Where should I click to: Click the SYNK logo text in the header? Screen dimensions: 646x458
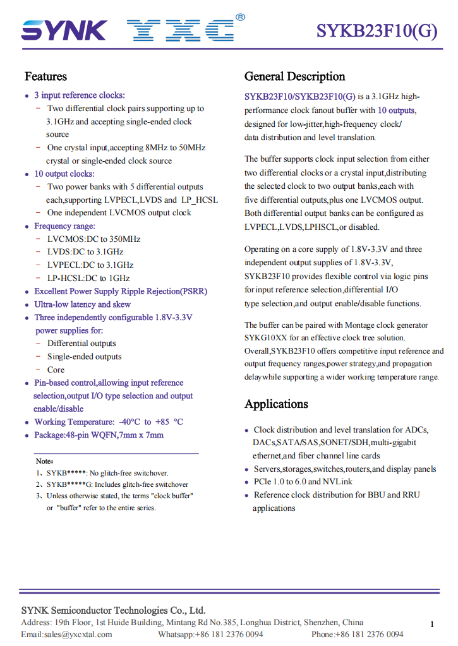coord(64,30)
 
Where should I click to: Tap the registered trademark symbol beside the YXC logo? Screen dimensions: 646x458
coord(240,18)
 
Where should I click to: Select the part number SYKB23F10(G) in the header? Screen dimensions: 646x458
coord(377,31)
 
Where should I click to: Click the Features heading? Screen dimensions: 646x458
coord(45,76)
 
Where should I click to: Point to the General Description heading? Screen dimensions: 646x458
coord(294,76)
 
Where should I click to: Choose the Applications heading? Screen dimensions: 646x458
coord(276,404)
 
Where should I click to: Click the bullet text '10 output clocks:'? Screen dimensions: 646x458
coord(64,174)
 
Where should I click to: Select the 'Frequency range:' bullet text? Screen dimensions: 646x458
coord(65,226)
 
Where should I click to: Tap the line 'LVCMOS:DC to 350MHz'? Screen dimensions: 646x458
coord(93,239)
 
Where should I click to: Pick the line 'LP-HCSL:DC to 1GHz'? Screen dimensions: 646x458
coord(88,278)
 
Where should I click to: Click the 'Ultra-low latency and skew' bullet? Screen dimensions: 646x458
coord(83,304)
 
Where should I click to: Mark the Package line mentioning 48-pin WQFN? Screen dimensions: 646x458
coord(99,435)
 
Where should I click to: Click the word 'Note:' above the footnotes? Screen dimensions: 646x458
coord(44,461)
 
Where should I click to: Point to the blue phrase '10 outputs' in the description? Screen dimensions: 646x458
coord(396,110)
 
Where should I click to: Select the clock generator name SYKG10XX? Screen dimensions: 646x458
coord(265,338)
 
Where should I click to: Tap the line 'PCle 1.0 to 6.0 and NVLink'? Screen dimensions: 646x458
coord(303,482)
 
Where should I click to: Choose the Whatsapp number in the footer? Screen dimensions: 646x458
coord(210,634)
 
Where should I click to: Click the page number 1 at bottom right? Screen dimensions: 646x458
coord(432,625)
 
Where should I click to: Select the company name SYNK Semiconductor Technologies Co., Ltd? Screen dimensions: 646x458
coord(113,611)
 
